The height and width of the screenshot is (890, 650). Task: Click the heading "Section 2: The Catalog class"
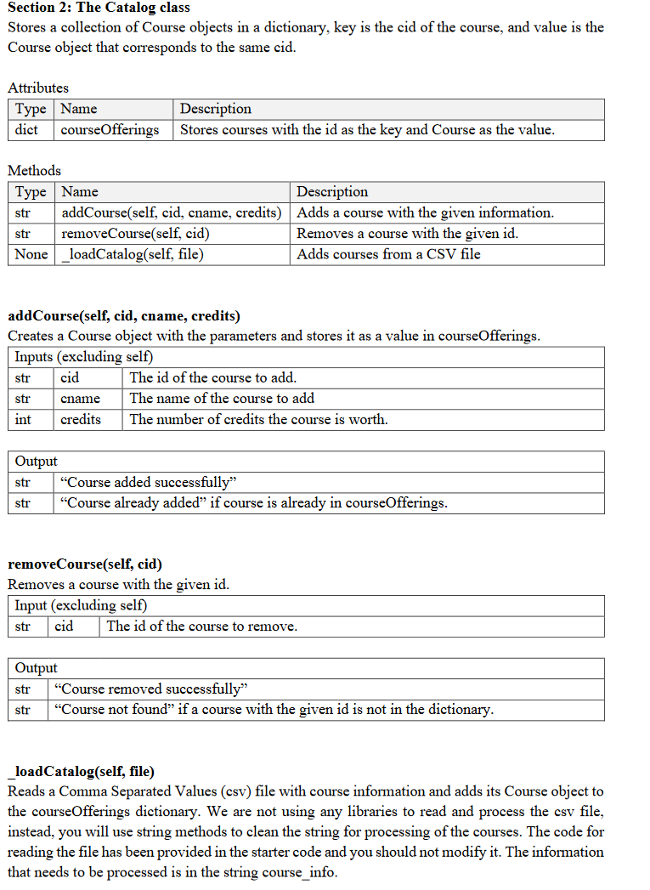point(99,8)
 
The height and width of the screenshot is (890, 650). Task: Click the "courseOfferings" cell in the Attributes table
point(110,130)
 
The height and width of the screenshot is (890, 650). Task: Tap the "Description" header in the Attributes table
point(216,109)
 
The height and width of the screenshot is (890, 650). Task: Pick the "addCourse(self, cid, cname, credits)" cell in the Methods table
point(171,213)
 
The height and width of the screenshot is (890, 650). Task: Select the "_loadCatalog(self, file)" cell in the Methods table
point(133,253)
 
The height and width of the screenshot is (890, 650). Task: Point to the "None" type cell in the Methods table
point(31,253)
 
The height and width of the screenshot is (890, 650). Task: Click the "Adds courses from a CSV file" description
point(388,253)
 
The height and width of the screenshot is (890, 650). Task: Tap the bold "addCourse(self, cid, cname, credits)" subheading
point(124,315)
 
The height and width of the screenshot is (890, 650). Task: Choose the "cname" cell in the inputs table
point(81,399)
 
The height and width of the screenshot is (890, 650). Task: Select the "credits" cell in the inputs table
point(81,419)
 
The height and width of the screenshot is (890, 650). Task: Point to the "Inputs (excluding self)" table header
point(83,357)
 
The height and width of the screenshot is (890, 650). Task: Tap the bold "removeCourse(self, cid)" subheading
point(85,564)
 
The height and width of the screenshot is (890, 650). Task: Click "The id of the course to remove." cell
point(201,626)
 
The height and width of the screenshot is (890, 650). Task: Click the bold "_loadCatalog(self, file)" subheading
point(82,771)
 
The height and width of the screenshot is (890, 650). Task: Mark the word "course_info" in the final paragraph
point(309,872)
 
